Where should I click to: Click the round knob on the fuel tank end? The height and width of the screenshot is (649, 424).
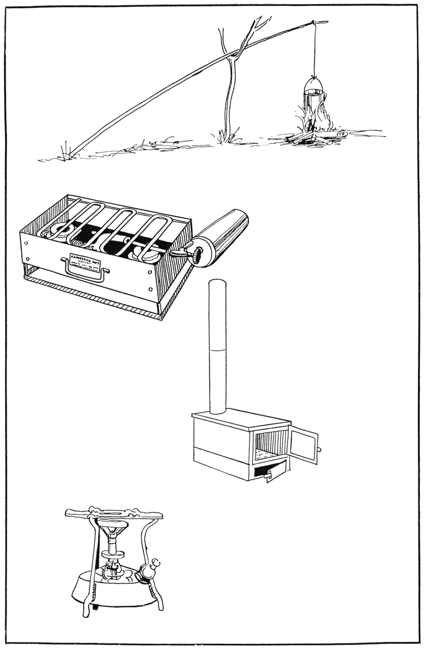click(197, 256)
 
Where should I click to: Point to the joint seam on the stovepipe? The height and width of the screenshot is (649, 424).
click(218, 349)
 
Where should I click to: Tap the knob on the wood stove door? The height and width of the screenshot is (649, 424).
click(320, 449)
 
